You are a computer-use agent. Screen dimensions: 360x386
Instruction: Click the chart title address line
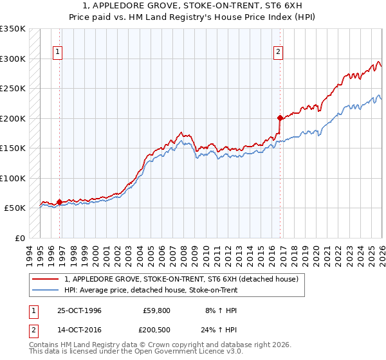(x=192, y=6)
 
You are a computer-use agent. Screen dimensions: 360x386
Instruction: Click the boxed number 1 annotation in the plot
(x=58, y=52)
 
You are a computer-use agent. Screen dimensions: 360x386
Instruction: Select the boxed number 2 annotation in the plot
(x=279, y=52)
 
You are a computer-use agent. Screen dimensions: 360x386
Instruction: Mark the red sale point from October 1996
(x=60, y=202)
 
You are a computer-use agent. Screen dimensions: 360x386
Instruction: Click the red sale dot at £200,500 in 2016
(x=280, y=118)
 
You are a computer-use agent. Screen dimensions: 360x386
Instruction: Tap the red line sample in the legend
(x=45, y=280)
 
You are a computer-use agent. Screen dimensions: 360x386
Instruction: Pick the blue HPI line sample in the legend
(x=45, y=290)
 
